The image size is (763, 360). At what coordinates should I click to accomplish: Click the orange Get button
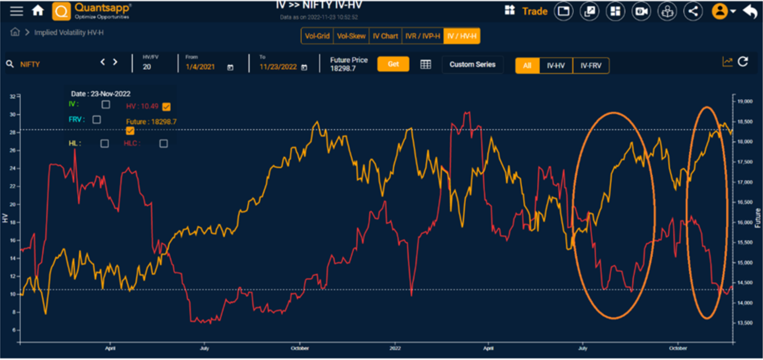click(x=393, y=64)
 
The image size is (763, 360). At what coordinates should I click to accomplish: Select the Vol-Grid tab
click(x=317, y=36)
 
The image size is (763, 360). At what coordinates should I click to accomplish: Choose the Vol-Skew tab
click(x=351, y=36)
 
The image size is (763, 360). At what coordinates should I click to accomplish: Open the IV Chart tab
click(x=385, y=36)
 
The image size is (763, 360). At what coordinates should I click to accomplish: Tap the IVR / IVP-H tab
click(x=422, y=36)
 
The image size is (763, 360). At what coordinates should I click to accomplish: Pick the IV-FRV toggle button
click(x=590, y=66)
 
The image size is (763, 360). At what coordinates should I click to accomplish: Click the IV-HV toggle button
click(x=555, y=66)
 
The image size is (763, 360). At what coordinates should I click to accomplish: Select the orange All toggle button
click(x=527, y=66)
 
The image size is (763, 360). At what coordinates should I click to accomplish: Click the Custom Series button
click(x=472, y=65)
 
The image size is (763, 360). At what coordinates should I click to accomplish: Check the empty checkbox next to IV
click(x=106, y=105)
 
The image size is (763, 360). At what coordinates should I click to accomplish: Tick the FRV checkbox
click(x=97, y=120)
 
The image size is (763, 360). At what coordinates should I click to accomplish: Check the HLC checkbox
click(x=164, y=144)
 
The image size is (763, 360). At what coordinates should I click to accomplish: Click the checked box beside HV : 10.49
click(x=166, y=107)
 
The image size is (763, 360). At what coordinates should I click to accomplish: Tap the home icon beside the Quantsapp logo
click(x=38, y=11)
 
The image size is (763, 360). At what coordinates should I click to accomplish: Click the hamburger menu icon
click(x=17, y=11)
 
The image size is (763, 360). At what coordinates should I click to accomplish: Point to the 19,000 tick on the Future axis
click(x=744, y=101)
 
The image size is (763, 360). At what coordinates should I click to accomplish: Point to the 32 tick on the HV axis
click(x=13, y=96)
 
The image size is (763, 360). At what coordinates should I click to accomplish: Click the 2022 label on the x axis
click(x=395, y=348)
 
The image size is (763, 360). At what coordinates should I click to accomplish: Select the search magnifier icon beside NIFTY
click(x=10, y=64)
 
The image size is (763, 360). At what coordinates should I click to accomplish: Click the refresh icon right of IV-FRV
click(x=743, y=62)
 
